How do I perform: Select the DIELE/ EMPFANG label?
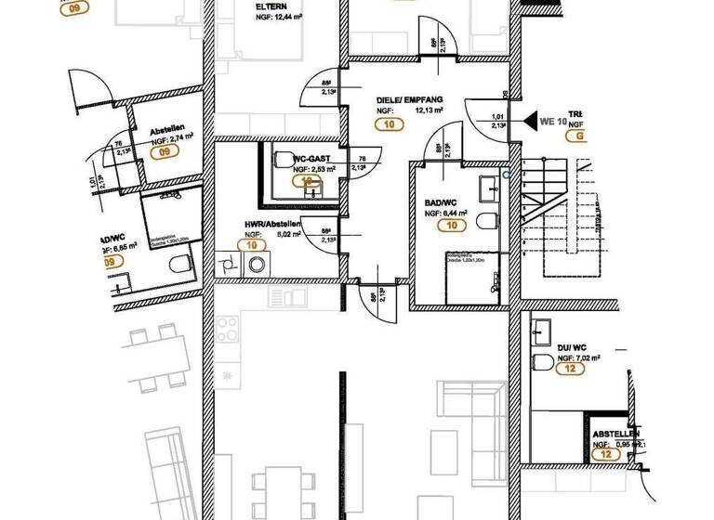(x=409, y=98)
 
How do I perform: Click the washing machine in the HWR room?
(x=254, y=265)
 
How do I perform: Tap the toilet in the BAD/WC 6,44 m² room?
(x=486, y=220)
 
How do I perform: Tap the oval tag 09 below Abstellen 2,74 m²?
(x=168, y=150)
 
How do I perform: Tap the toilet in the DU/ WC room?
(x=541, y=360)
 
